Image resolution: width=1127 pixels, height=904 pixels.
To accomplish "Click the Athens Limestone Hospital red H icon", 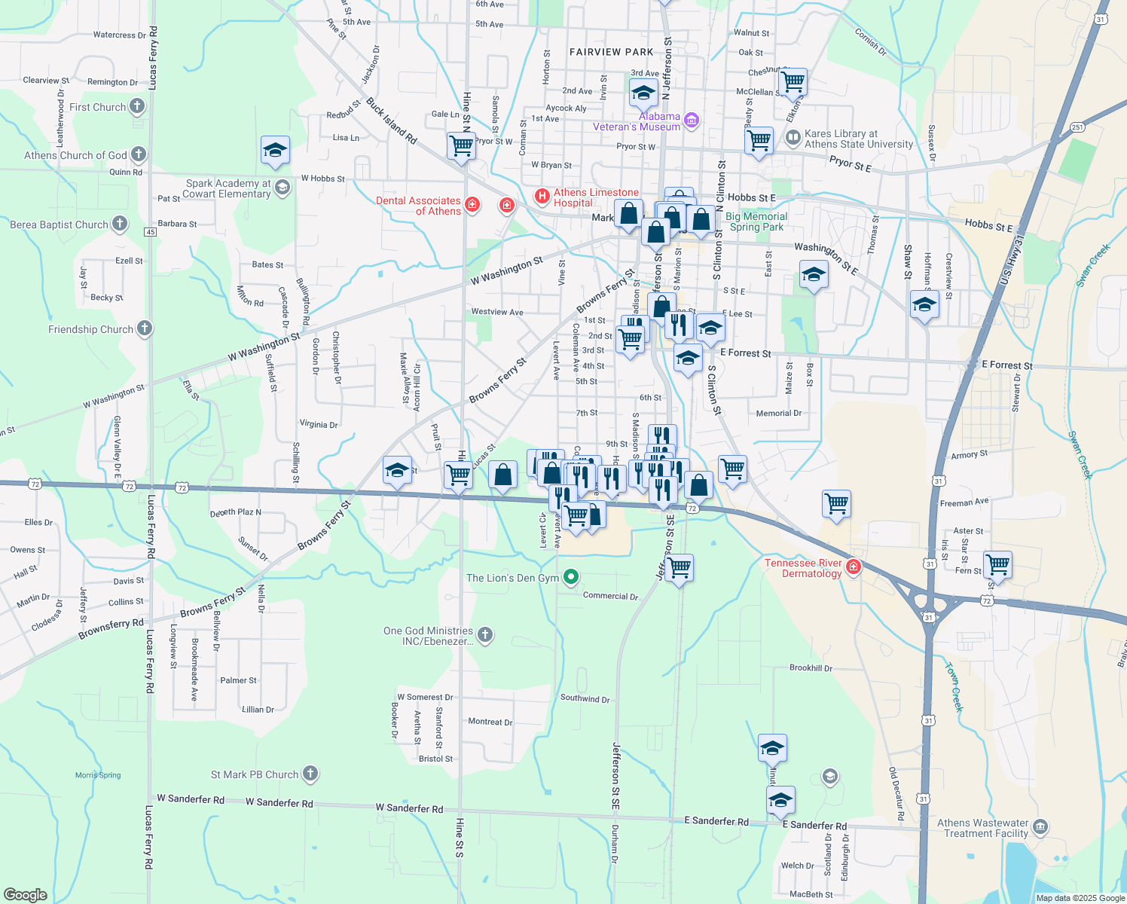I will pyautogui.click(x=542, y=197).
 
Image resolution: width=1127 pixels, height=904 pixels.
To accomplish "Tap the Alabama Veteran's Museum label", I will pyautogui.click(x=637, y=122).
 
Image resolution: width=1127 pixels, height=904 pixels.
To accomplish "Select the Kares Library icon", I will pyautogui.click(x=793, y=138).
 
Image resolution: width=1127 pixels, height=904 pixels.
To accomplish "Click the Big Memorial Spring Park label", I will pyautogui.click(x=756, y=221).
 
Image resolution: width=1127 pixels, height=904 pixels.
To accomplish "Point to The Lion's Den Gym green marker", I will pyautogui.click(x=571, y=578).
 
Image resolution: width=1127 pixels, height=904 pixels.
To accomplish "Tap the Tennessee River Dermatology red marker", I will pyautogui.click(x=854, y=567).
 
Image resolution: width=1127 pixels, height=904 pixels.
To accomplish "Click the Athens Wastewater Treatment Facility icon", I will pyautogui.click(x=1040, y=827).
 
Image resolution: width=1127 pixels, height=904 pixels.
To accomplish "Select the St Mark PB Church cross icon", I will pyautogui.click(x=310, y=774).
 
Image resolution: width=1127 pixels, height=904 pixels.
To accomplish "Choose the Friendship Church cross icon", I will pyautogui.click(x=144, y=328).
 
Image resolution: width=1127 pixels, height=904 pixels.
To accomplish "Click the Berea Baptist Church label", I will pyautogui.click(x=60, y=224).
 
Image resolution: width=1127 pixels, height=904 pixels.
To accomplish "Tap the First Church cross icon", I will pyautogui.click(x=136, y=106).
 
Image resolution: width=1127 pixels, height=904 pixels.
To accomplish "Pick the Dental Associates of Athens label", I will pyautogui.click(x=418, y=206).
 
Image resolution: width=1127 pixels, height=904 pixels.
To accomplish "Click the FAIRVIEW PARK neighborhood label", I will pyautogui.click(x=611, y=52).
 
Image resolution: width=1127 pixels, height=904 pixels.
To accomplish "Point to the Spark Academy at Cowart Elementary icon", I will pyautogui.click(x=283, y=187).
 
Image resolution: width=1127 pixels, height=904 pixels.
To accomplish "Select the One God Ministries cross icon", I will pyautogui.click(x=485, y=635).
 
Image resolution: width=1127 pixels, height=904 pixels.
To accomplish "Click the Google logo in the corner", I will pyautogui.click(x=25, y=894).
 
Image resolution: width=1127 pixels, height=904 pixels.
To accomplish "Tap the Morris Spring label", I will pyautogui.click(x=98, y=775).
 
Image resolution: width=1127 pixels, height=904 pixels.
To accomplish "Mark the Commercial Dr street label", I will pyautogui.click(x=610, y=596).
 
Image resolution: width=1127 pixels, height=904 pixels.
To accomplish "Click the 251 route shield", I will pyautogui.click(x=1078, y=127).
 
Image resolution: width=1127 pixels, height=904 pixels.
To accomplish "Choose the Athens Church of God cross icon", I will pyautogui.click(x=139, y=155).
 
